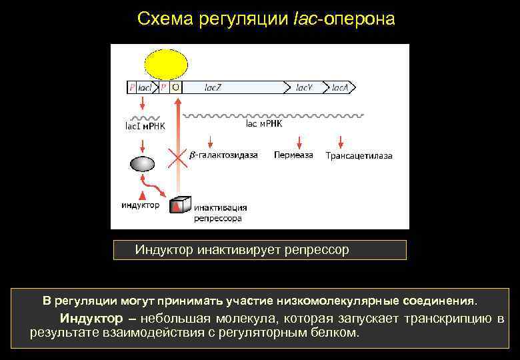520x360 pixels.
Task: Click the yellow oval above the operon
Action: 163,63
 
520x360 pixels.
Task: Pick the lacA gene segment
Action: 340,87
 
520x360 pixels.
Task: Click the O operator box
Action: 176,87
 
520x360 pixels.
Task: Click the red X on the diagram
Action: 177,157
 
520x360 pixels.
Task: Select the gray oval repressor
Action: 142,164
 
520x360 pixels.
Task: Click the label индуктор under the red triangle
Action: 140,205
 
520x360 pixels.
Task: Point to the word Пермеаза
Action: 293,155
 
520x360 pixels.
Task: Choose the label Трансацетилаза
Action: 359,156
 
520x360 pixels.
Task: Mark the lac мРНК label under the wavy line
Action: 265,123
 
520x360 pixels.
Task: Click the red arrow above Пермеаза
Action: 299,142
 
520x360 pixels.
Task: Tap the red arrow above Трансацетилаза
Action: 341,142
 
